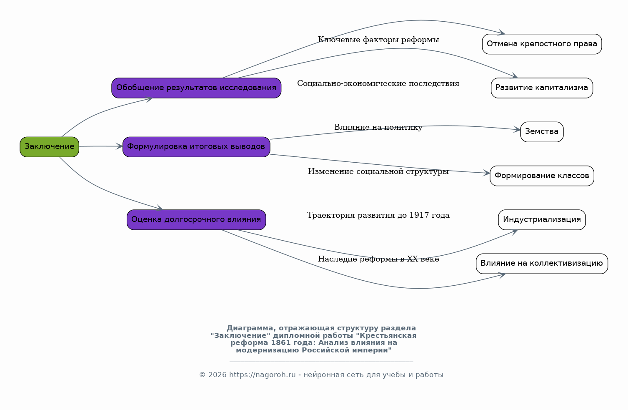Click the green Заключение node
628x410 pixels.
pyautogui.click(x=49, y=147)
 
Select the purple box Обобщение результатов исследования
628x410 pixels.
pyautogui.click(x=196, y=88)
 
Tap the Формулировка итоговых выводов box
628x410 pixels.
pyautogui.click(x=196, y=147)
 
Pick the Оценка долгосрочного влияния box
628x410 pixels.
pyautogui.click(x=196, y=220)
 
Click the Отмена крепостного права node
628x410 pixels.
pyautogui.click(x=542, y=44)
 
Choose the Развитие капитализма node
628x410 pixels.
pyautogui.click(x=542, y=88)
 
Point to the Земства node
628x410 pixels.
pyautogui.click(x=542, y=132)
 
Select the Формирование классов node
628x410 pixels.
pyautogui.click(x=542, y=176)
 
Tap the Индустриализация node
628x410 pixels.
pyautogui.click(x=542, y=220)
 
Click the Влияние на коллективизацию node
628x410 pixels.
pyautogui.click(x=542, y=264)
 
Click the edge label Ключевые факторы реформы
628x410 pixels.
pyautogui.click(x=378, y=40)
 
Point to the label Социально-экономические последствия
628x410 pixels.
pyautogui.click(x=378, y=84)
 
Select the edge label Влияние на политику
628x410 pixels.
pyautogui.click(x=378, y=127)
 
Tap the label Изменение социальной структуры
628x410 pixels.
pyautogui.click(x=378, y=171)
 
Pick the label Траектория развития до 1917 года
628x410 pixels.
pyautogui.click(x=378, y=215)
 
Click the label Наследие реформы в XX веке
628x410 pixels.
pyautogui.click(x=378, y=259)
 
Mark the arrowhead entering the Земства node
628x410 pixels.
pyautogui.click(x=517, y=130)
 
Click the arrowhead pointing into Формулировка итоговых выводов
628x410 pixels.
pyautogui.click(x=120, y=146)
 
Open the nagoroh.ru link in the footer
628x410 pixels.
pyautogui.click(x=263, y=375)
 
